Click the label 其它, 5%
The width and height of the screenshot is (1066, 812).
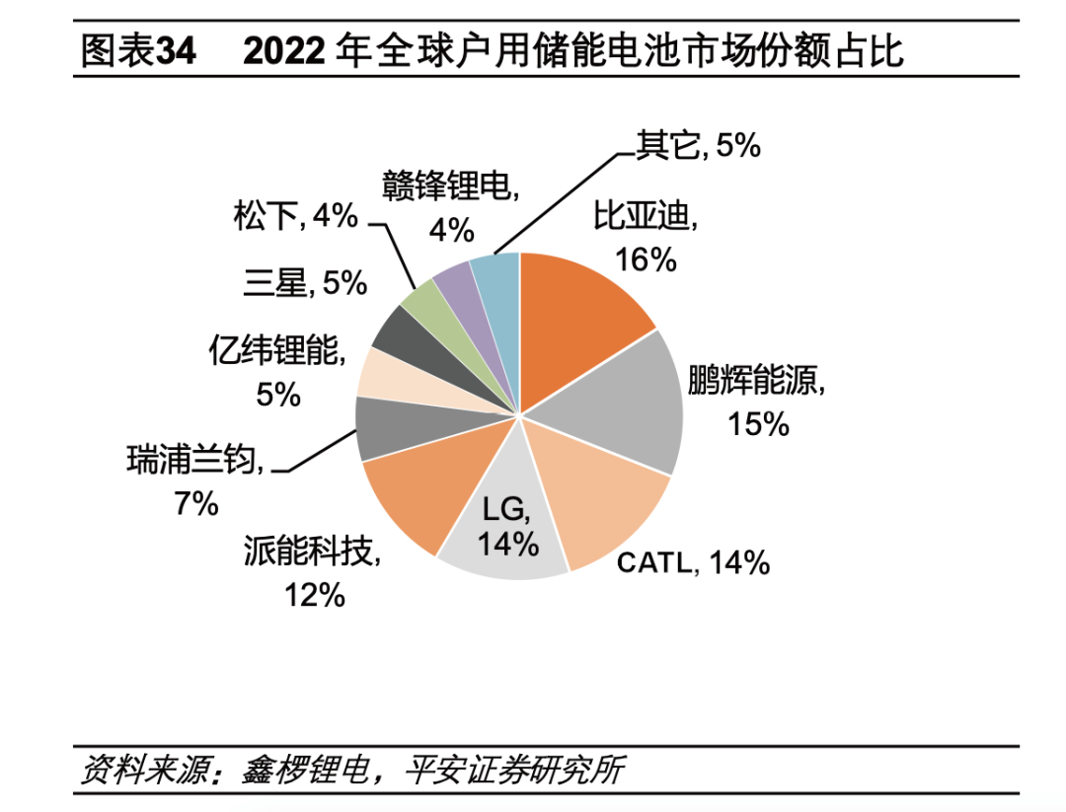coord(698,145)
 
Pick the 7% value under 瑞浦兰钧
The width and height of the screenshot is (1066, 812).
coord(195,504)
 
